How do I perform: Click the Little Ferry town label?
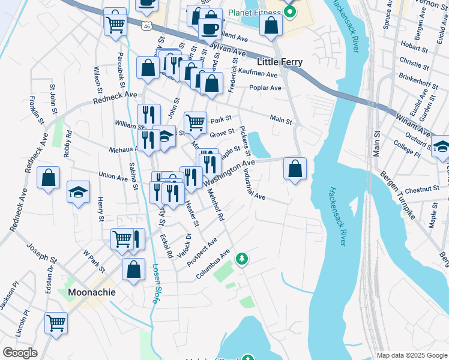coord(279,62)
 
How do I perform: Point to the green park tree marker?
coord(242,259)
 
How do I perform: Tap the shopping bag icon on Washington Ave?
coord(295,169)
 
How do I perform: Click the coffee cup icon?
coord(210,28)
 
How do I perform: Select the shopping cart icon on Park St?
coord(195,123)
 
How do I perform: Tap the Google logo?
coord(20,353)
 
